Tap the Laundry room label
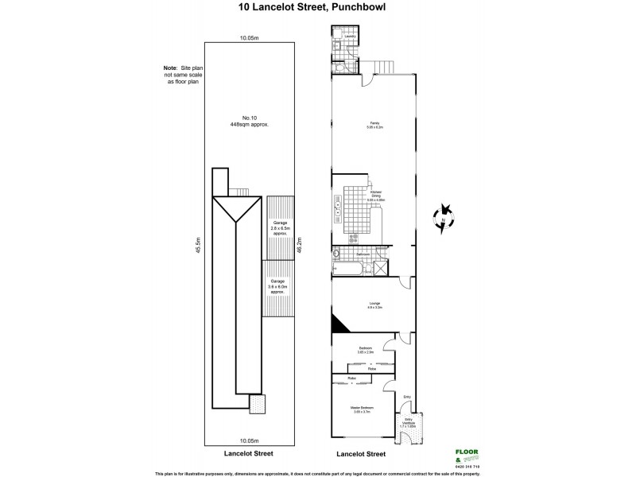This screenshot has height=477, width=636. coord(348,37)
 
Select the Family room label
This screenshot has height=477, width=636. coord(374,124)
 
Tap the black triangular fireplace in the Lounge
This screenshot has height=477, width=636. coord(338,324)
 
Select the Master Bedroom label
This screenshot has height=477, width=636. coord(362,409)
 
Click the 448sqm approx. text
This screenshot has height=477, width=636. coord(246,125)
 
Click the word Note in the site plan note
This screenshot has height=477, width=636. coord(170,68)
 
